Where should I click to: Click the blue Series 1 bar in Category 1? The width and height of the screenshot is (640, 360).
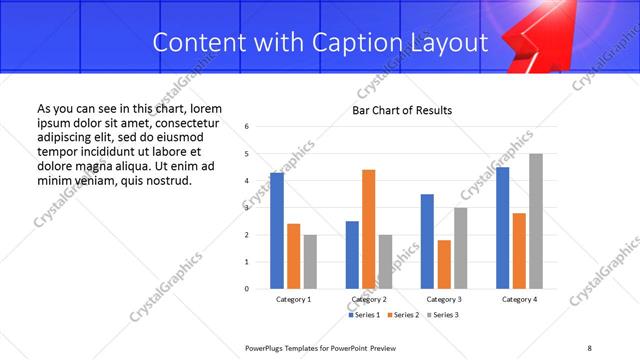pos(277,230)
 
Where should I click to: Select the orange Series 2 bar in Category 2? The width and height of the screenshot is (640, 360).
pos(368,229)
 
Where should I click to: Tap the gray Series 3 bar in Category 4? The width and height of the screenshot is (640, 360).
pos(536,221)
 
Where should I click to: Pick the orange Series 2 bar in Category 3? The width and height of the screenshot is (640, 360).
pos(443,264)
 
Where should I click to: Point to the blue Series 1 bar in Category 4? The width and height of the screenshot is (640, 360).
pos(502,228)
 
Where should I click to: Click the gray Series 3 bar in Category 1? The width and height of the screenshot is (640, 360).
pos(310,262)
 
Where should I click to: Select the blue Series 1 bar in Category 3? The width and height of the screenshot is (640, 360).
pos(427,241)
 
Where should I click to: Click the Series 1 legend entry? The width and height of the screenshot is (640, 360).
pos(364,315)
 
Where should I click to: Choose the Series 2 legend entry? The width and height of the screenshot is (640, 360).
pos(404,315)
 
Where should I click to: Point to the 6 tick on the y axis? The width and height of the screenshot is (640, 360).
pos(247,127)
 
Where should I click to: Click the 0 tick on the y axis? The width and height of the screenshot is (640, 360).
pos(247,289)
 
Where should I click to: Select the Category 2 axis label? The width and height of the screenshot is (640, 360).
pos(369,300)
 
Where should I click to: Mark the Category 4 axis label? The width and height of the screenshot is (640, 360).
pos(518,300)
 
